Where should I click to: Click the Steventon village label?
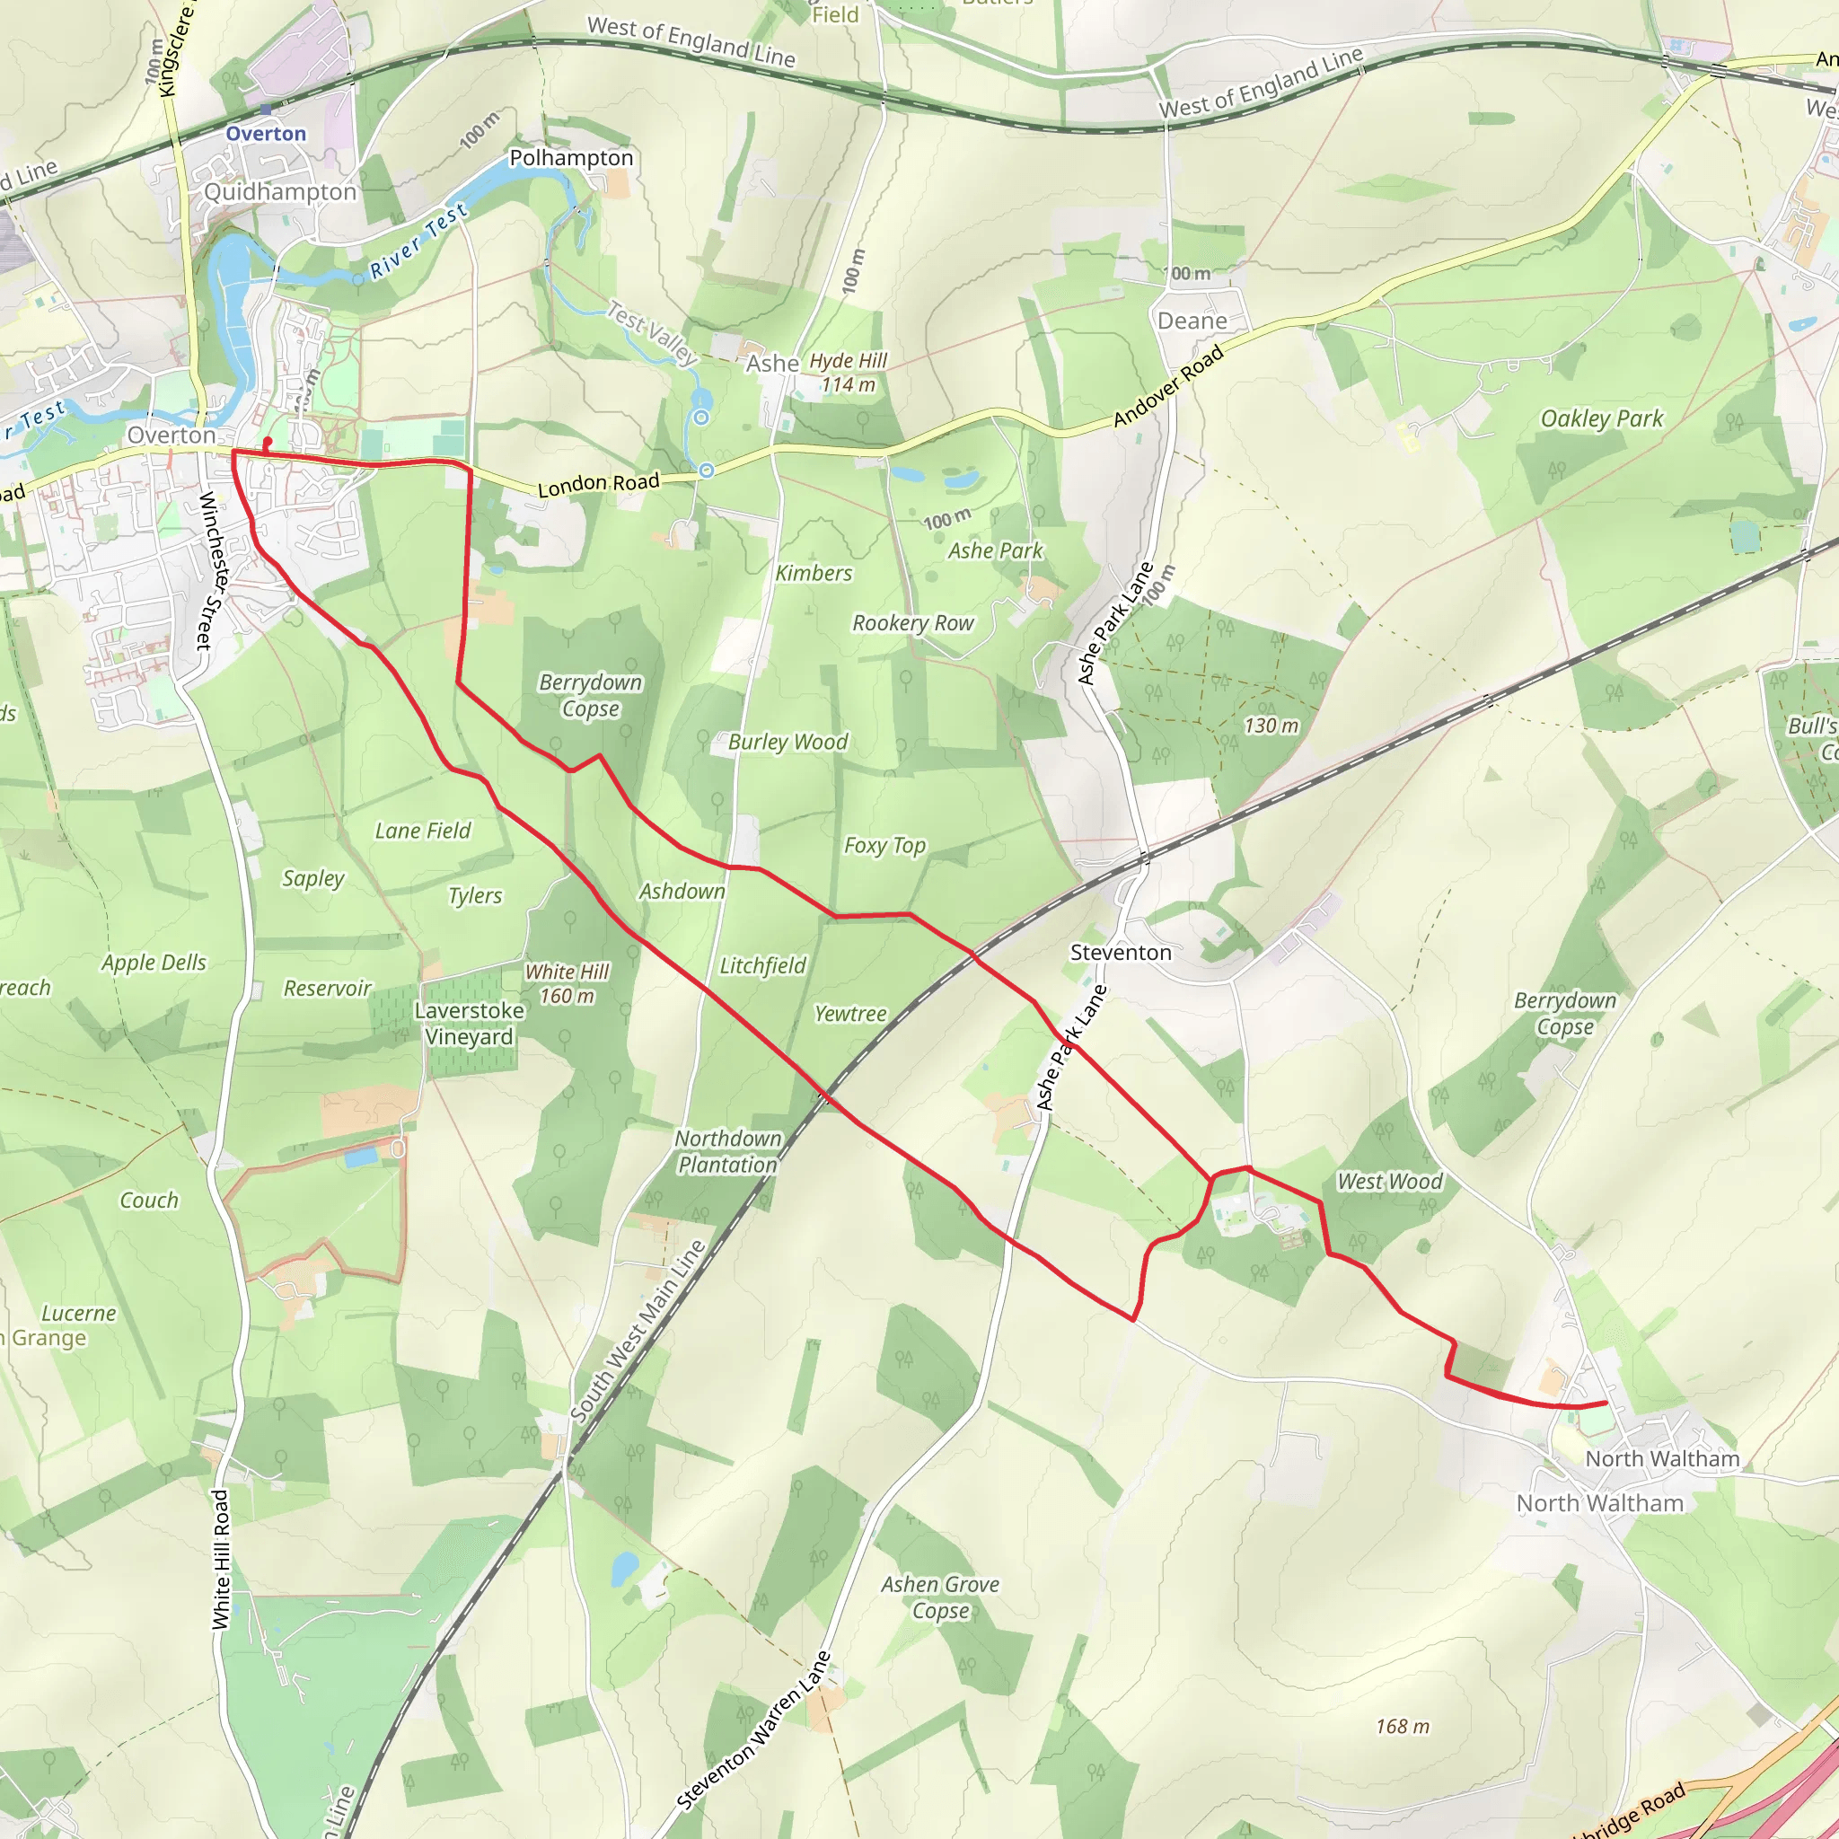tap(1121, 952)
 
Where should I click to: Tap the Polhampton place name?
tap(571, 158)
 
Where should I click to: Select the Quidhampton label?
tap(280, 191)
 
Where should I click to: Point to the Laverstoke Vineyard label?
tap(470, 1024)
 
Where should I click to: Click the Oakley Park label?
tap(1601, 418)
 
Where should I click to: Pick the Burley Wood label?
tap(788, 742)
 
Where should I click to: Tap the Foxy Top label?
tap(884, 845)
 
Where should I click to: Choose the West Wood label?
tap(1390, 1182)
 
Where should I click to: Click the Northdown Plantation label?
tap(727, 1151)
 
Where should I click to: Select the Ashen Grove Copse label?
tap(939, 1597)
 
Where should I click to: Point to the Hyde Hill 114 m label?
tap(848, 374)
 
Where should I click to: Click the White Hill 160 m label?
tap(568, 983)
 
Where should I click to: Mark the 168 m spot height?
tap(1402, 1727)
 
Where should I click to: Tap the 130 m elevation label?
tap(1271, 726)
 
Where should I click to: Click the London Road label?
tap(599, 485)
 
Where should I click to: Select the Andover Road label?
tap(1168, 386)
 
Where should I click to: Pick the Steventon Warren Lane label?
tap(754, 1729)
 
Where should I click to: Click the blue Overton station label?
tap(266, 133)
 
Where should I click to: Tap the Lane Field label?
tap(423, 831)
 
